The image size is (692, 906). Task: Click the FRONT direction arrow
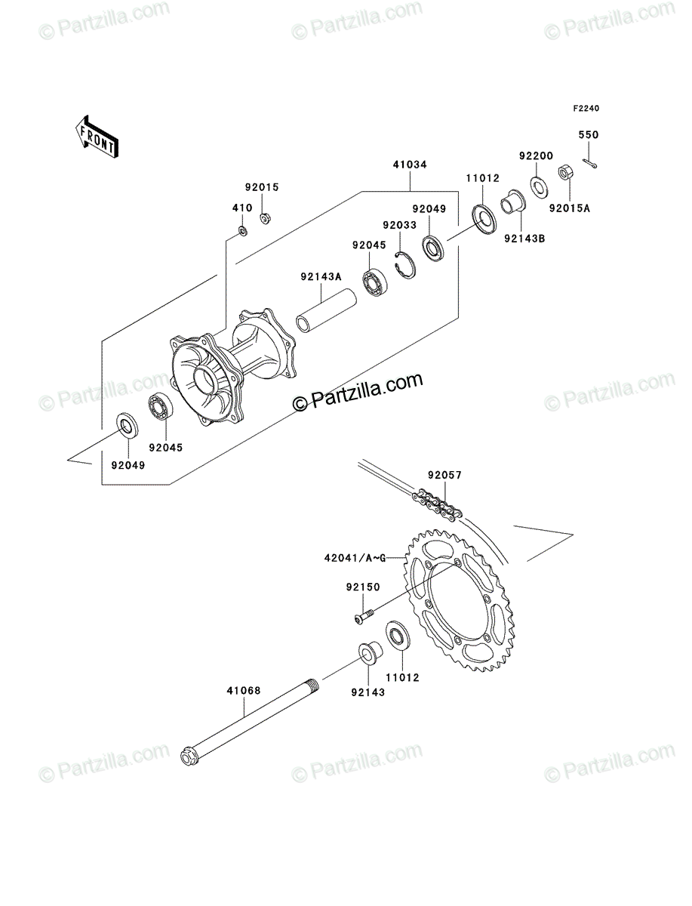point(97,137)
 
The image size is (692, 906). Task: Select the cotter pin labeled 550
point(590,164)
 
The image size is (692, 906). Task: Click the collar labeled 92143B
point(513,202)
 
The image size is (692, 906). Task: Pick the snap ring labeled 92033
point(405,265)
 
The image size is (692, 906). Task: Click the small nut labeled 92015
point(265,218)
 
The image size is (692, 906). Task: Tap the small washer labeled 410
point(243,231)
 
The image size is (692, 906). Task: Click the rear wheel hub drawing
point(233,367)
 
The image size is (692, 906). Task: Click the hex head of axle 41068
point(189,757)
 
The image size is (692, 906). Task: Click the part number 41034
point(410,165)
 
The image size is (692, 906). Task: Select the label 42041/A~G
point(355,558)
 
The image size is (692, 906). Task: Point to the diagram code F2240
point(586,109)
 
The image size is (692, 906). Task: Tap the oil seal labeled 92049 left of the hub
point(128,424)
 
